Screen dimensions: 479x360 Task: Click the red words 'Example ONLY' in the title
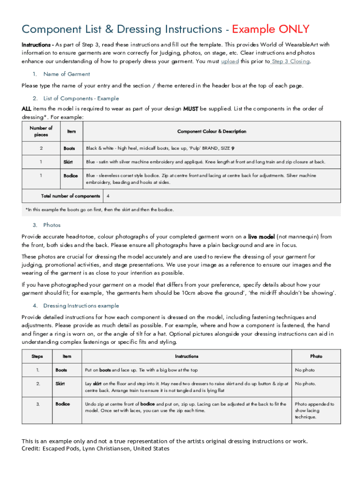[271, 29]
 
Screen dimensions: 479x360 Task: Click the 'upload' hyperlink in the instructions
[230, 61]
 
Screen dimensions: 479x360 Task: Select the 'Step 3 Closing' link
[290, 61]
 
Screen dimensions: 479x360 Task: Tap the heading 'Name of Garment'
[66, 74]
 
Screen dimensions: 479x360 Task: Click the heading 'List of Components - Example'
[81, 98]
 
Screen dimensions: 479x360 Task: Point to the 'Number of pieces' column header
[41, 131]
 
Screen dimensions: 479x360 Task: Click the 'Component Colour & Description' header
[212, 131]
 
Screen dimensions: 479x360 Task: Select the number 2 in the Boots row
[41, 148]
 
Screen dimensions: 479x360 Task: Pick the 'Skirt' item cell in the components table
[68, 162]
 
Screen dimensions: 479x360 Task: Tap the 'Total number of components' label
[71, 196]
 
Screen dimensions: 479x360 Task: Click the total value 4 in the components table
[108, 196]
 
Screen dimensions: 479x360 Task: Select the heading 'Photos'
[52, 225]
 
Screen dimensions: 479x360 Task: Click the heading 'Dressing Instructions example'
[81, 305]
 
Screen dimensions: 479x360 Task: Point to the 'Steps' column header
[37, 356]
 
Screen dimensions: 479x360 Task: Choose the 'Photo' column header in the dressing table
[316, 356]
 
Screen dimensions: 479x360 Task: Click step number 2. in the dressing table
[37, 384]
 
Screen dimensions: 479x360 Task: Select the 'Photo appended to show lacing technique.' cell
[314, 410]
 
